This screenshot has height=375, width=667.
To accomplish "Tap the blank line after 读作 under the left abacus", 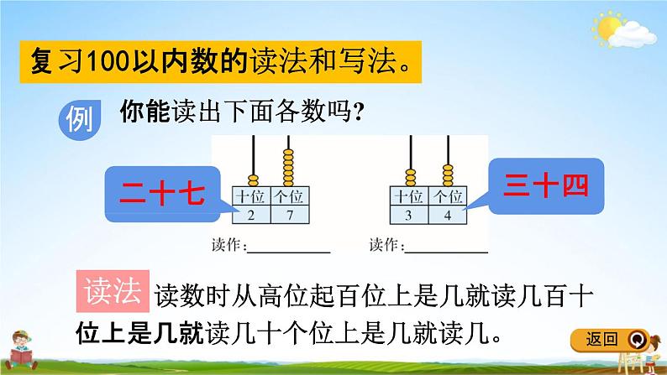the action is point(289,249).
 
